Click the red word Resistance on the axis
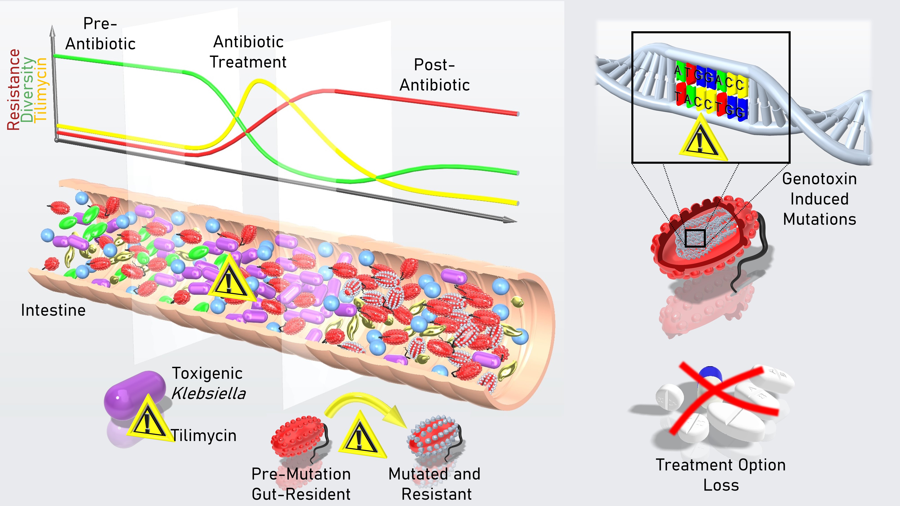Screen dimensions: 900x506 14,90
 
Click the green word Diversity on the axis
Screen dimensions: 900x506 28,90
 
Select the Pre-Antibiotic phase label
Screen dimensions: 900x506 100,34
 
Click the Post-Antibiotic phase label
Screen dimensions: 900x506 435,75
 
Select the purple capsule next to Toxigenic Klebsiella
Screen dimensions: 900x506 135,395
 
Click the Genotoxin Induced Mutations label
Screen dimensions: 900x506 819,199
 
